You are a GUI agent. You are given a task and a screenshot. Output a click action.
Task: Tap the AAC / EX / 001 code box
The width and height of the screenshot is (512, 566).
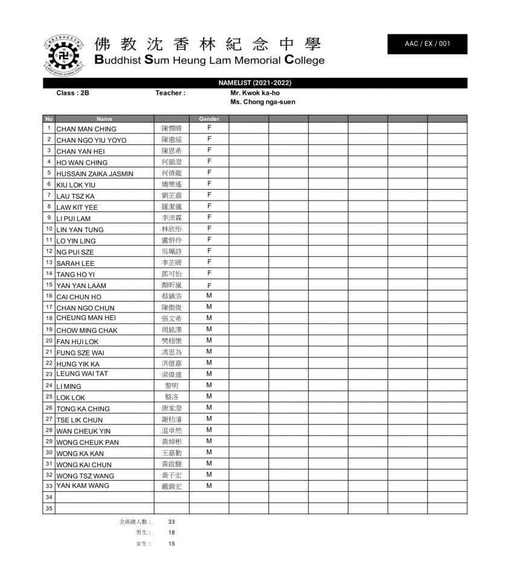click(x=427, y=44)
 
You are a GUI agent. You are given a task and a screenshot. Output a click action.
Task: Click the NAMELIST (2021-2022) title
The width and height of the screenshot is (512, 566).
click(x=255, y=83)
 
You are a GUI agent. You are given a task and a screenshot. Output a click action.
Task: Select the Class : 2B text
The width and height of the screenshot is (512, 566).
click(x=72, y=93)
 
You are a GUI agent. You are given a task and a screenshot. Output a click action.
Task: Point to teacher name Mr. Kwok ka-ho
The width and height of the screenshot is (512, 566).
click(x=255, y=93)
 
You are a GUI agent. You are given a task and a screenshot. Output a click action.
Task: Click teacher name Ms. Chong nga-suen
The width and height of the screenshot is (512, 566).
click(x=263, y=102)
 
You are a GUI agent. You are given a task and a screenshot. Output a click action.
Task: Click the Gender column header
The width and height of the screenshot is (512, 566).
click(x=209, y=119)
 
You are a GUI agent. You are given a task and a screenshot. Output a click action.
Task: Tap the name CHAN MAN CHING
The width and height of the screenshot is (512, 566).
click(x=86, y=129)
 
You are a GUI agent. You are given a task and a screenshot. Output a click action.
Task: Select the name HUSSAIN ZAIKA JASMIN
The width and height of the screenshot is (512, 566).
click(x=95, y=174)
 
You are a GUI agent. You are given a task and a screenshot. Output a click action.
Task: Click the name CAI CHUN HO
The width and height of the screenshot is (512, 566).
click(x=79, y=297)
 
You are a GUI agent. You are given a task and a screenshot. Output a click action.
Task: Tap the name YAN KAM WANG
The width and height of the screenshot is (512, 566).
click(x=83, y=486)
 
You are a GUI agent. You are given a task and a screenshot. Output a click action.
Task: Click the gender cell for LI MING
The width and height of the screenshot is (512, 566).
click(x=209, y=385)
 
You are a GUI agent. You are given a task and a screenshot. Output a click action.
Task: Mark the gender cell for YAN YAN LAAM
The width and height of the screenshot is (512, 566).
click(x=209, y=285)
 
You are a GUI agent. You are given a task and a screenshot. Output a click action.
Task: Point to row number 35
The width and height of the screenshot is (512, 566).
click(x=49, y=508)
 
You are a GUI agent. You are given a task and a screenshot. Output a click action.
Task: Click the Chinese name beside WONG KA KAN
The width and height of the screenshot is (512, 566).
click(x=171, y=453)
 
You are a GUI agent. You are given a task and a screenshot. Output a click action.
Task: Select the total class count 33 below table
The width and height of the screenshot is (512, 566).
click(x=171, y=522)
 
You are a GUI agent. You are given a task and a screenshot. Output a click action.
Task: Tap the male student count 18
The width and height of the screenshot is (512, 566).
click(x=171, y=533)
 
